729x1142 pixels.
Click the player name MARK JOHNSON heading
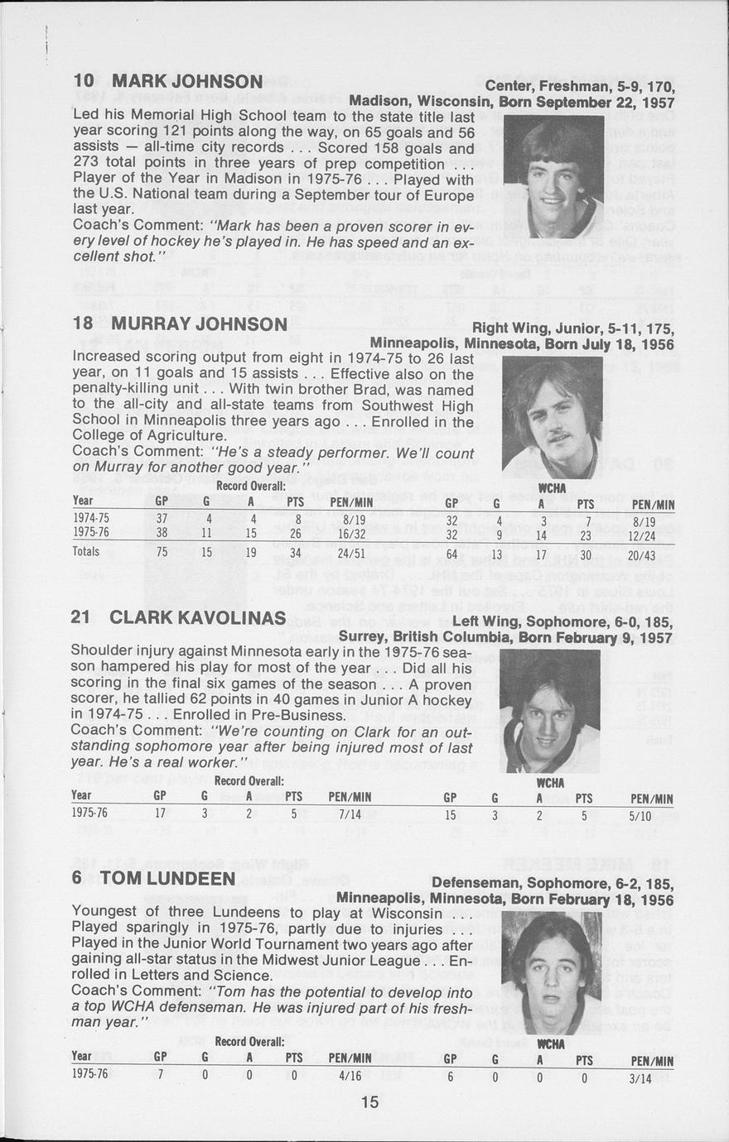[x=187, y=81]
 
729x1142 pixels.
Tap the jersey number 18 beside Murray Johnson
[x=83, y=323]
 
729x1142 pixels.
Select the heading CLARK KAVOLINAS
[x=197, y=618]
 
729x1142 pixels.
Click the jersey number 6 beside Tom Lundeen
[x=76, y=877]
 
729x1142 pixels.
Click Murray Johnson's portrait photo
[x=552, y=417]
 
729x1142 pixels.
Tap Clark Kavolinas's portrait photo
[x=549, y=711]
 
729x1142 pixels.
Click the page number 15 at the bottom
[x=369, y=1102]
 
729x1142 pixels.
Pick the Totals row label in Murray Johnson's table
[x=86, y=552]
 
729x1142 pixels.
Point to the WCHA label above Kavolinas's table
[x=550, y=783]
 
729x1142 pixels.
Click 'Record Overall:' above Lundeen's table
[x=249, y=1041]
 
